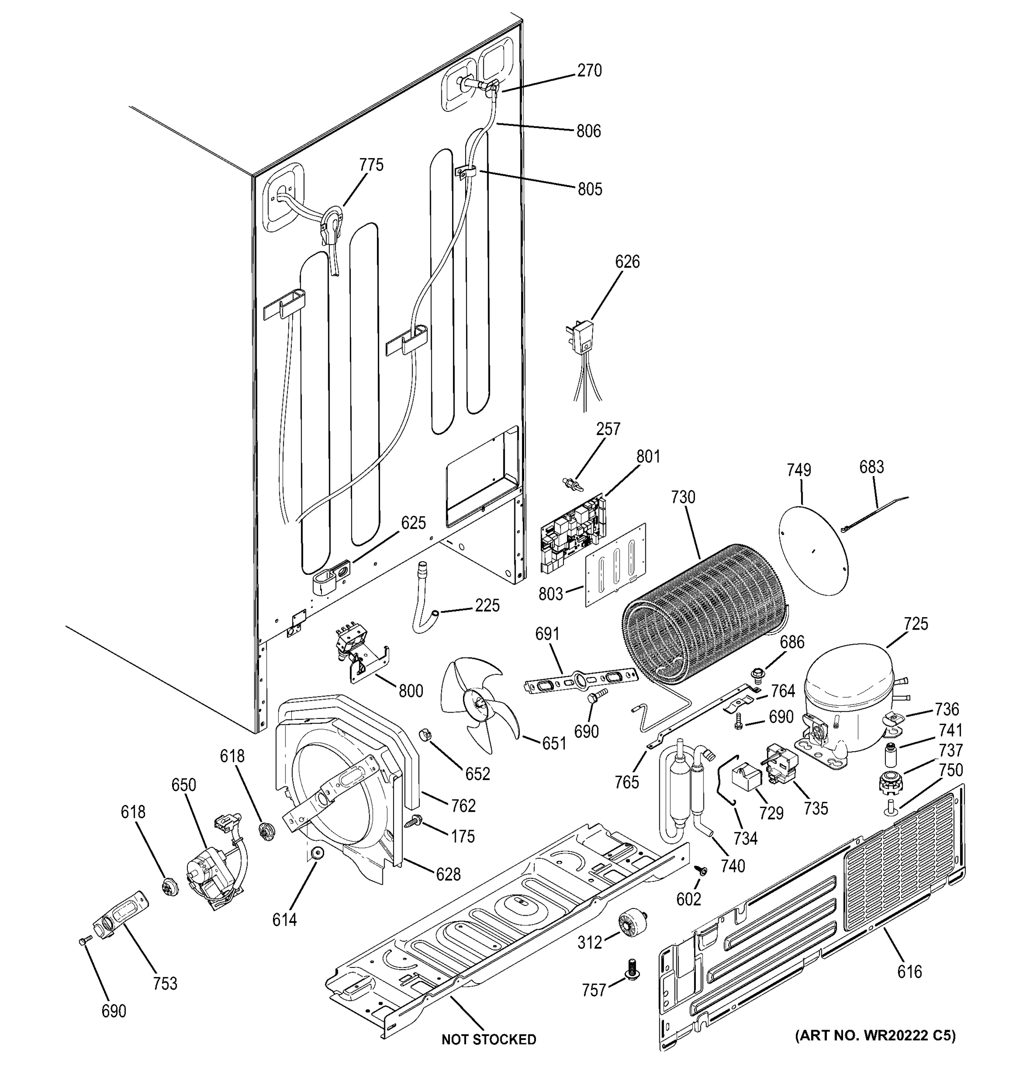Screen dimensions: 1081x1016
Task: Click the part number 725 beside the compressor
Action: [916, 624]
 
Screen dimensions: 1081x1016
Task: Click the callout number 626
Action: [627, 262]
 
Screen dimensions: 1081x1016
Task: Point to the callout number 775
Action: [371, 165]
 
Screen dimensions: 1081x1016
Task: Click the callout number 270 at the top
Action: [589, 71]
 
